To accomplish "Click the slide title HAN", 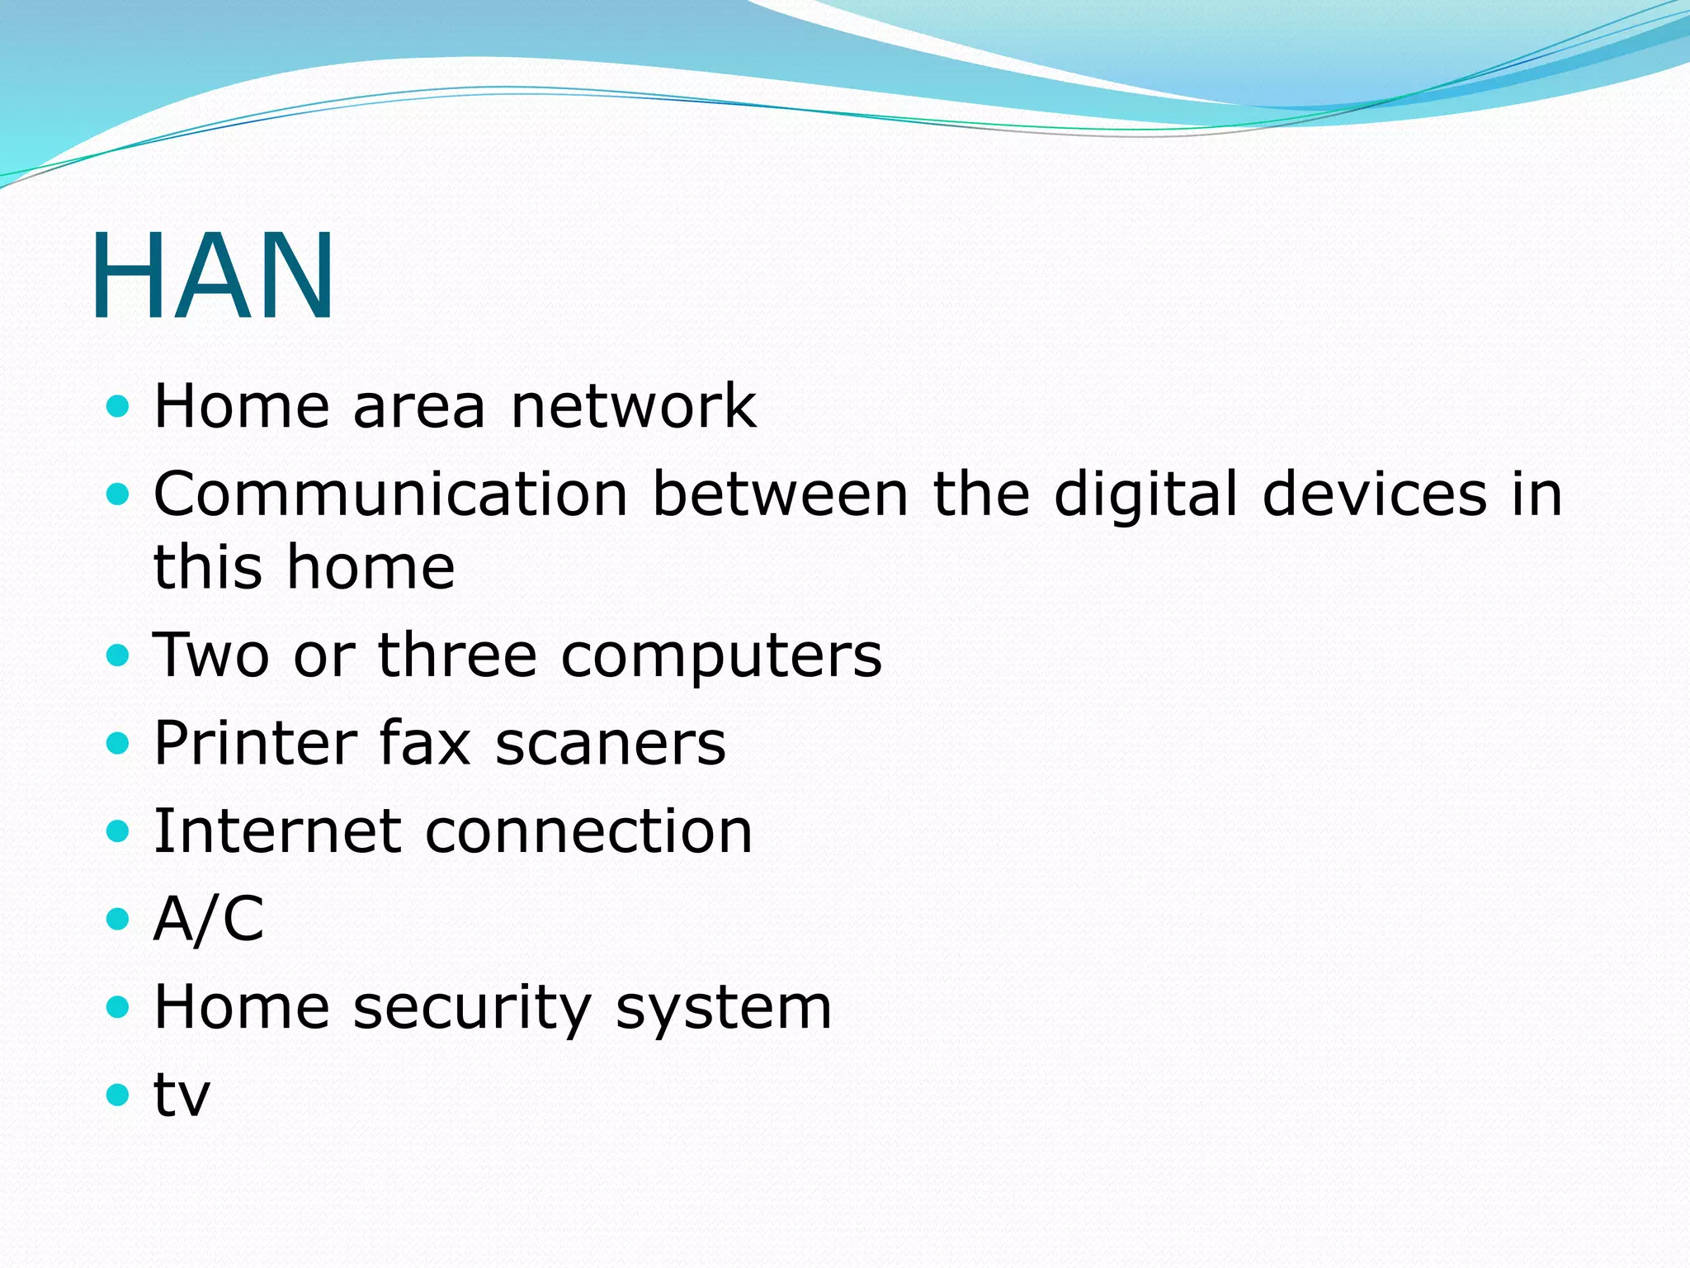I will point(213,276).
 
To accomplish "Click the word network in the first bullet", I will point(633,406).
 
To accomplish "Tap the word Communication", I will point(391,494).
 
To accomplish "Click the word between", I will point(780,494).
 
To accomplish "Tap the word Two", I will point(211,655).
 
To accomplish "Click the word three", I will point(457,655).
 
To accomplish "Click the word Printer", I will point(255,743).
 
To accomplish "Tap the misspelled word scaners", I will point(610,745).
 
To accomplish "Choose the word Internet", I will point(277,831).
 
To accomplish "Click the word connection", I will point(588,831).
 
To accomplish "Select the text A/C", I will point(209,919).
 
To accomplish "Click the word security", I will point(472,1009).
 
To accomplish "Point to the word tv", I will point(182,1096).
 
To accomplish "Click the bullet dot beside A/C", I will point(119,919).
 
